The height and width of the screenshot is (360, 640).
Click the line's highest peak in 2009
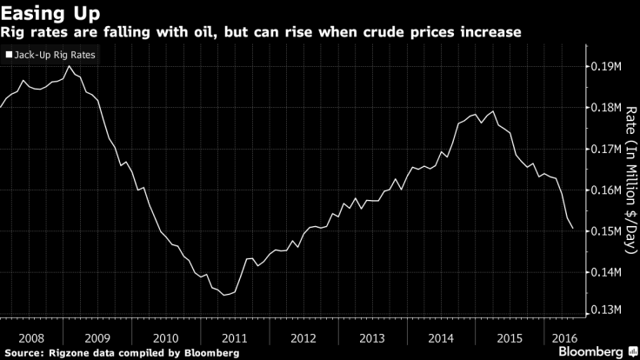[x=69, y=66]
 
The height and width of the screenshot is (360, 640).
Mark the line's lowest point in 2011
[x=224, y=295]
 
